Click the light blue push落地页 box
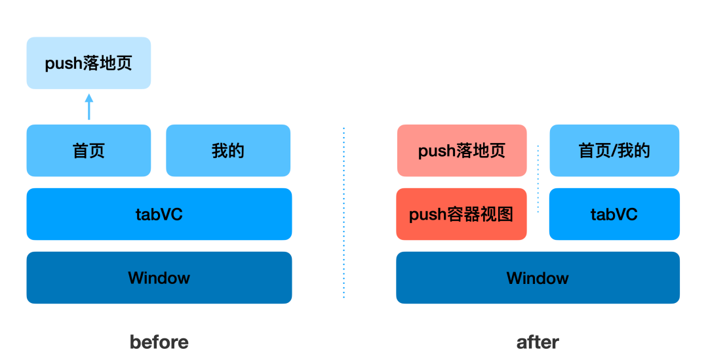[x=88, y=63]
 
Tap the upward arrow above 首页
[x=89, y=107]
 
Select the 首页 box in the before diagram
[x=88, y=151]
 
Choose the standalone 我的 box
[x=227, y=151]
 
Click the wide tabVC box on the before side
[x=159, y=214]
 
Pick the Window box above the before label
[x=159, y=277]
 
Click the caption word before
[x=159, y=342]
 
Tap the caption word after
[x=538, y=342]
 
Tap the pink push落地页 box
[x=462, y=151]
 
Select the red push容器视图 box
[x=462, y=214]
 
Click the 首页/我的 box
[x=614, y=151]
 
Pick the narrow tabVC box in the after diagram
[x=614, y=214]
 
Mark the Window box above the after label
[x=538, y=277]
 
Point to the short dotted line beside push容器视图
[x=538, y=178]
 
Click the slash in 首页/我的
[x=614, y=151]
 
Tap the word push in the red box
[x=427, y=215]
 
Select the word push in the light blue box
[x=64, y=64]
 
